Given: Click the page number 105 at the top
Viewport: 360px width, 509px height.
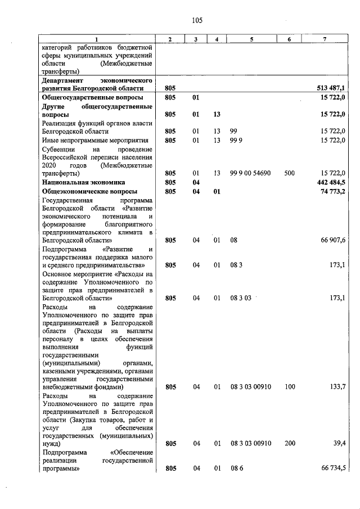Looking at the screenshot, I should click(196, 21).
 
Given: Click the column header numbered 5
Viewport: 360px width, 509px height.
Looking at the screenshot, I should click(251, 39).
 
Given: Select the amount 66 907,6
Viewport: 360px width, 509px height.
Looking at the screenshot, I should click(333, 240).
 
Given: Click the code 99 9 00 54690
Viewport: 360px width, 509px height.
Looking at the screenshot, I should click(250, 174).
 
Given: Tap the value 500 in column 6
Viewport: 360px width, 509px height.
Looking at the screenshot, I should click(289, 174).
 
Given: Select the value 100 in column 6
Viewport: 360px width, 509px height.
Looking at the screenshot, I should click(289, 387).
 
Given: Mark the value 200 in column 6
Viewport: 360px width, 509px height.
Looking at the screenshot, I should click(289, 444).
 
